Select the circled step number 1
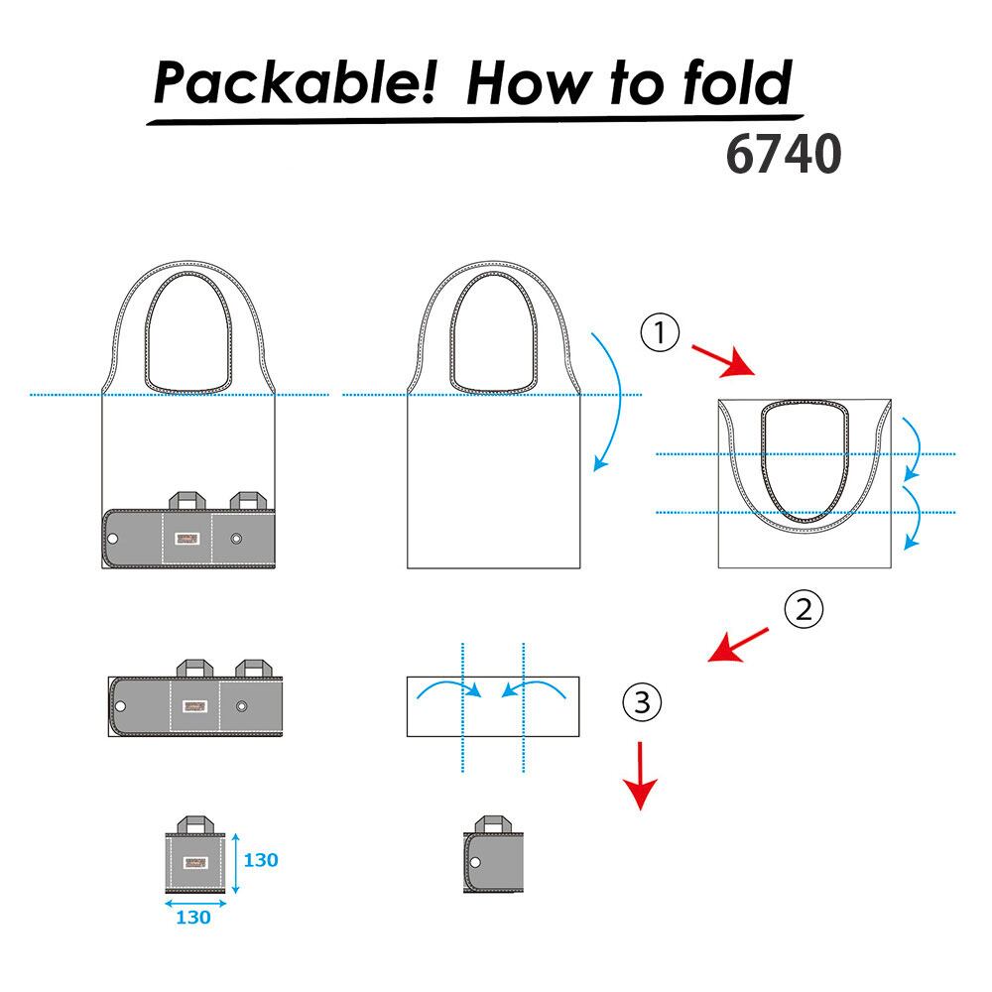(660, 334)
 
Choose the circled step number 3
(642, 702)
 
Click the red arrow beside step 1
(722, 359)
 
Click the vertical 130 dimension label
(260, 860)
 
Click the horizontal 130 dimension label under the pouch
(192, 918)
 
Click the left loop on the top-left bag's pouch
(187, 500)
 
